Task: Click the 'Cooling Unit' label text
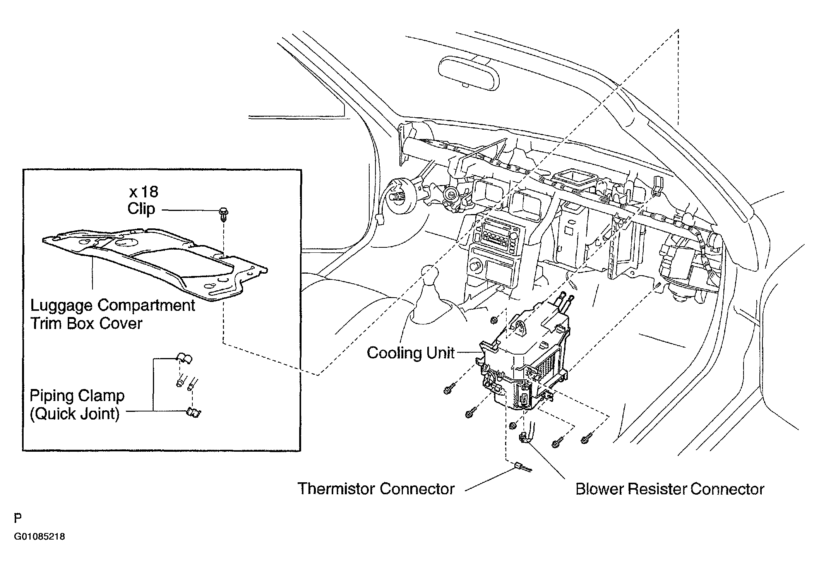point(410,353)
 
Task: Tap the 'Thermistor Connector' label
point(376,489)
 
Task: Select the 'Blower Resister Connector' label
point(670,489)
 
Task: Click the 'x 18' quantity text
point(144,192)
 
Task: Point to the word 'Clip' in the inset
point(141,209)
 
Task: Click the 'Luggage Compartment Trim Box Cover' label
point(113,314)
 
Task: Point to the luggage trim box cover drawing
point(155,263)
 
